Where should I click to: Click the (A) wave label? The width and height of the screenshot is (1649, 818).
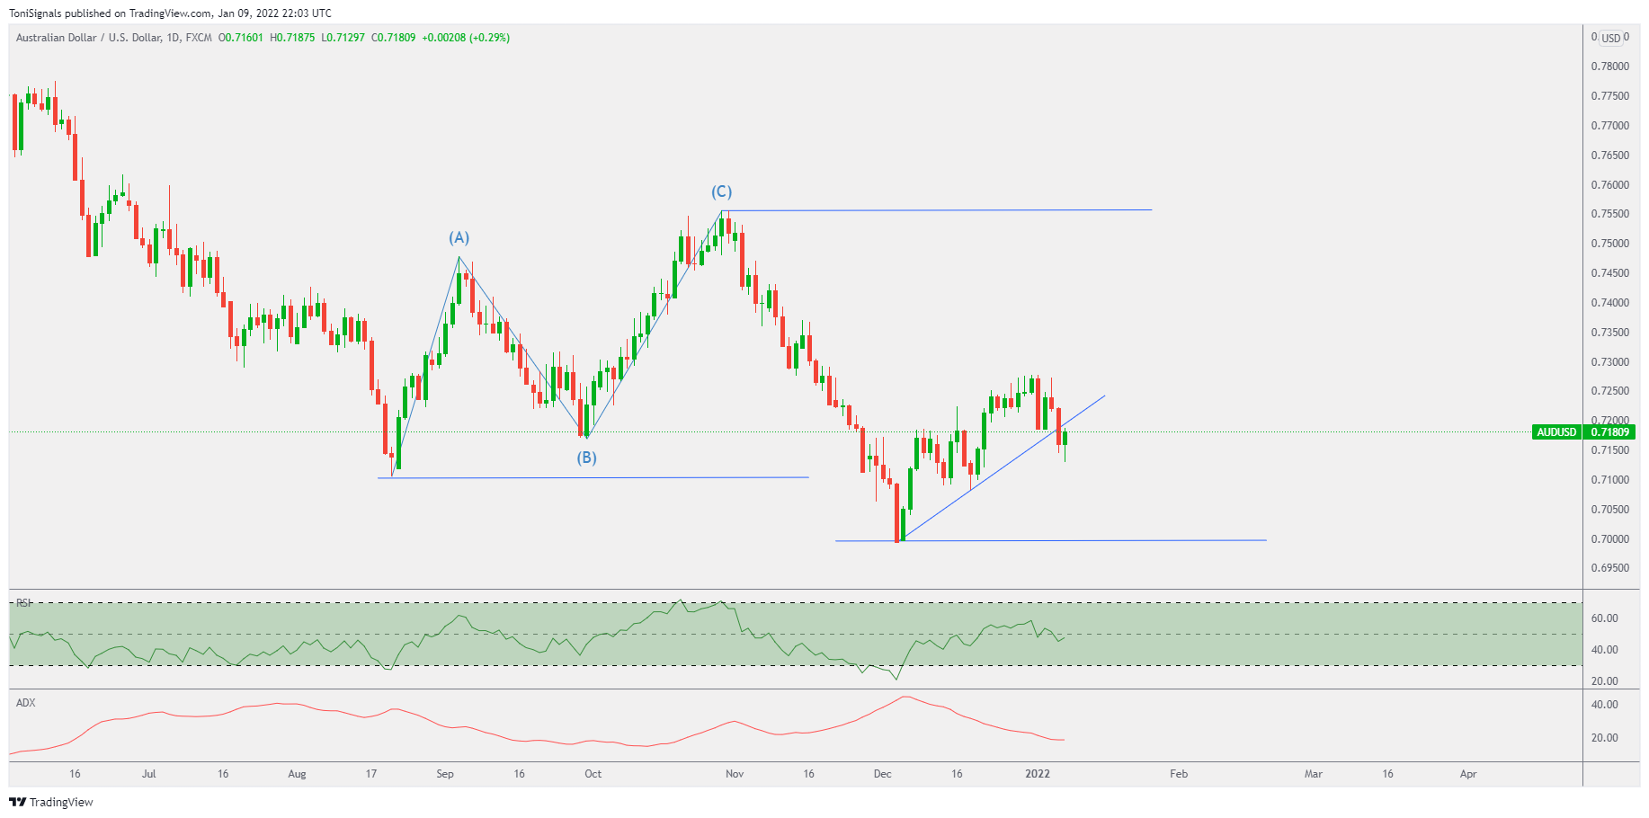coord(459,237)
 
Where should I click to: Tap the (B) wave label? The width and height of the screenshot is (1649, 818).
coord(586,458)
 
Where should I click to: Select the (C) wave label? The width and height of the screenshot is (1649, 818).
coord(721,191)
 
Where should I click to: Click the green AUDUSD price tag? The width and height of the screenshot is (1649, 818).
coord(1556,432)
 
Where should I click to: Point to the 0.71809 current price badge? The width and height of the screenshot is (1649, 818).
coord(1609,432)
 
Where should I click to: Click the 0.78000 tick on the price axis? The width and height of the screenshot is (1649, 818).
coord(1609,67)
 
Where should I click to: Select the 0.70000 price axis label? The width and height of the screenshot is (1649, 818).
coord(1609,539)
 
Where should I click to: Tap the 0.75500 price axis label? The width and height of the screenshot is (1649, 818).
coord(1609,214)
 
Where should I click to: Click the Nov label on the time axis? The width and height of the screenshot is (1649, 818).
coord(735,774)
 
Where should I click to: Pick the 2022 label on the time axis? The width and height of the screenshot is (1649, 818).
coord(1038,774)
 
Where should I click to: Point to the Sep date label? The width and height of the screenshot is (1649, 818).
coord(445,774)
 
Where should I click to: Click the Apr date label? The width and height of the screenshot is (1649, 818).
coord(1468,774)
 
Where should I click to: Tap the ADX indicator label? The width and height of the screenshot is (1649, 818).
coord(26,703)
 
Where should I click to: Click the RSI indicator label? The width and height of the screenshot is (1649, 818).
coord(24,603)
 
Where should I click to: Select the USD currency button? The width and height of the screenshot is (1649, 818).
coord(1611,38)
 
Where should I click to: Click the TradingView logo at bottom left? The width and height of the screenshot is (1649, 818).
coord(51,802)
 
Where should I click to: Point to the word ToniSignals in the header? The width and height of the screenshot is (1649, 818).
coord(35,13)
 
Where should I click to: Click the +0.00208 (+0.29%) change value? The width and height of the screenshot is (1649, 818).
coord(466,38)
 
